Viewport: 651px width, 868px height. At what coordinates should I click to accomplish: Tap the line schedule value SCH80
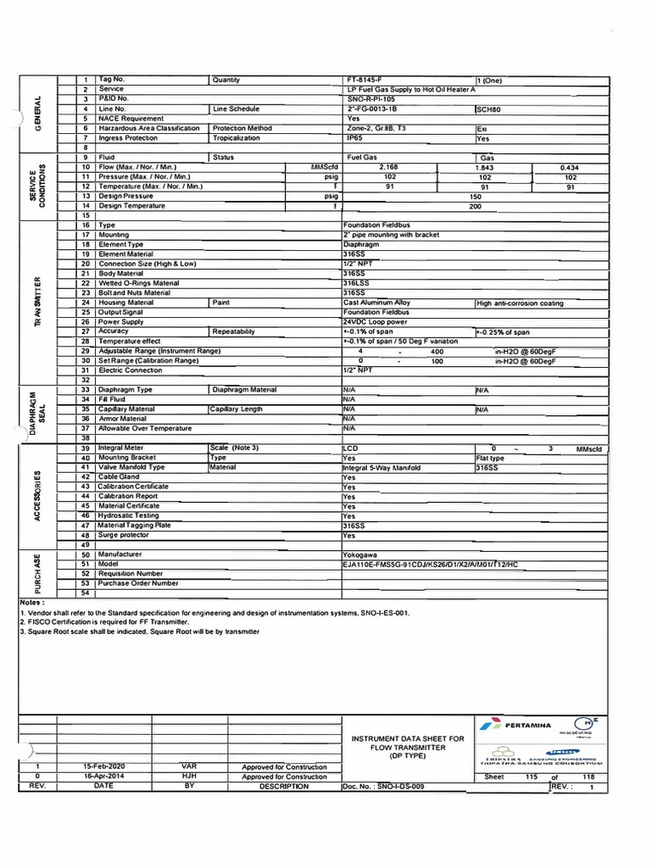489,109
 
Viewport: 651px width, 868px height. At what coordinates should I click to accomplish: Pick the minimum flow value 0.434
569,168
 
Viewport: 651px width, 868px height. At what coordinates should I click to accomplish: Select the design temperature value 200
475,206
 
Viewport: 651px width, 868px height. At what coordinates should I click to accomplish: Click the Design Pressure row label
127,196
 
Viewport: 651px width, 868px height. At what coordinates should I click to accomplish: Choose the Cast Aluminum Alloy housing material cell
376,303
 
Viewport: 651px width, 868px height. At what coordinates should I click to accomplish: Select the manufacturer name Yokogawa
360,554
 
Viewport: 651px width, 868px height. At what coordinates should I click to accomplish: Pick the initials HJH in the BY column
189,776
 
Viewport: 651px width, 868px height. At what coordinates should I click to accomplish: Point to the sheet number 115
532,776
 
